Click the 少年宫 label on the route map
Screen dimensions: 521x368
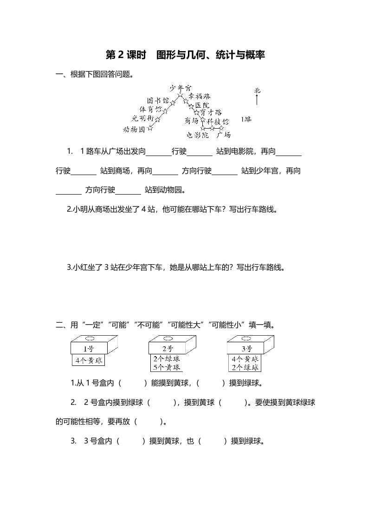coord(180,87)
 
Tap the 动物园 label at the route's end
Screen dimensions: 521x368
coord(134,129)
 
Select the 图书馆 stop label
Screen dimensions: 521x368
coord(158,100)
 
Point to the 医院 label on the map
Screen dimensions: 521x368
coord(203,105)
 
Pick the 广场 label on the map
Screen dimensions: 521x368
coord(224,135)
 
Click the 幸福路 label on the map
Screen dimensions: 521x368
coord(199,96)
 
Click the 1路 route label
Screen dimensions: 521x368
coord(246,119)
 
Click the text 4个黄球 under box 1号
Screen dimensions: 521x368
coord(89,360)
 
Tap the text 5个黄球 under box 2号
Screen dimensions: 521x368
coord(167,367)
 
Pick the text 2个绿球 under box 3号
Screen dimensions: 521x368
coord(245,367)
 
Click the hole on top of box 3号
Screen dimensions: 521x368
coord(246,339)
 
